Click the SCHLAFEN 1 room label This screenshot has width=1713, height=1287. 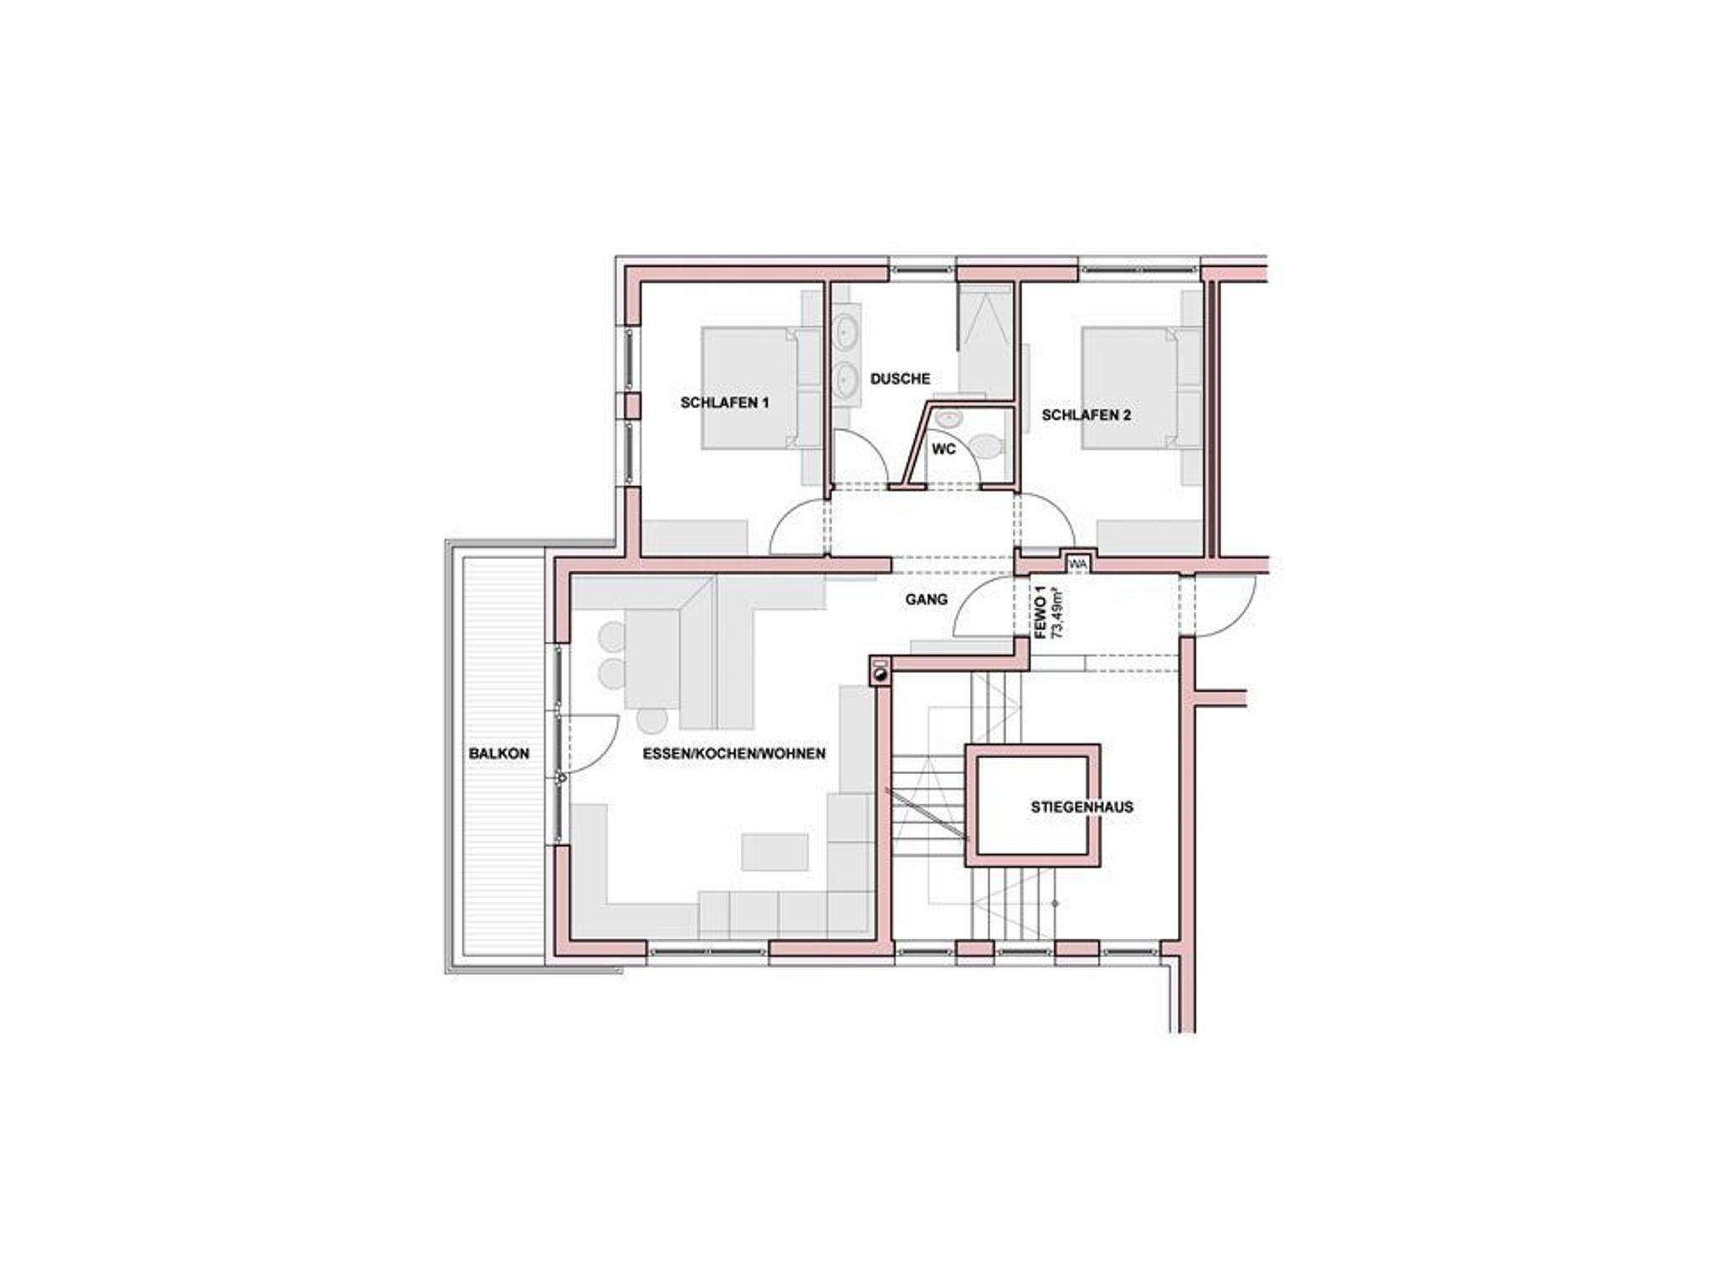click(x=724, y=403)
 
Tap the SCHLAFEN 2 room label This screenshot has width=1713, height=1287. click(x=1086, y=414)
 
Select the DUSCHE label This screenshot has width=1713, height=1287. click(x=900, y=379)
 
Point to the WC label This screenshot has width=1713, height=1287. click(x=943, y=449)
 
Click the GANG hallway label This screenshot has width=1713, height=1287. click(x=927, y=599)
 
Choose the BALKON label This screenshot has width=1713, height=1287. click(x=499, y=753)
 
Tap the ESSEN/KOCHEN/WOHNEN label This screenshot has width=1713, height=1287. click(x=734, y=753)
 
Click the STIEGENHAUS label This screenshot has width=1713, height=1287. click(x=1081, y=808)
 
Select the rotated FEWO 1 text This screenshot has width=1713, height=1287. click(x=1041, y=613)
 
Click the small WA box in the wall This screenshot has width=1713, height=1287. click(x=1077, y=563)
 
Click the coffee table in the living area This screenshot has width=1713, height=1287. click(x=775, y=852)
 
